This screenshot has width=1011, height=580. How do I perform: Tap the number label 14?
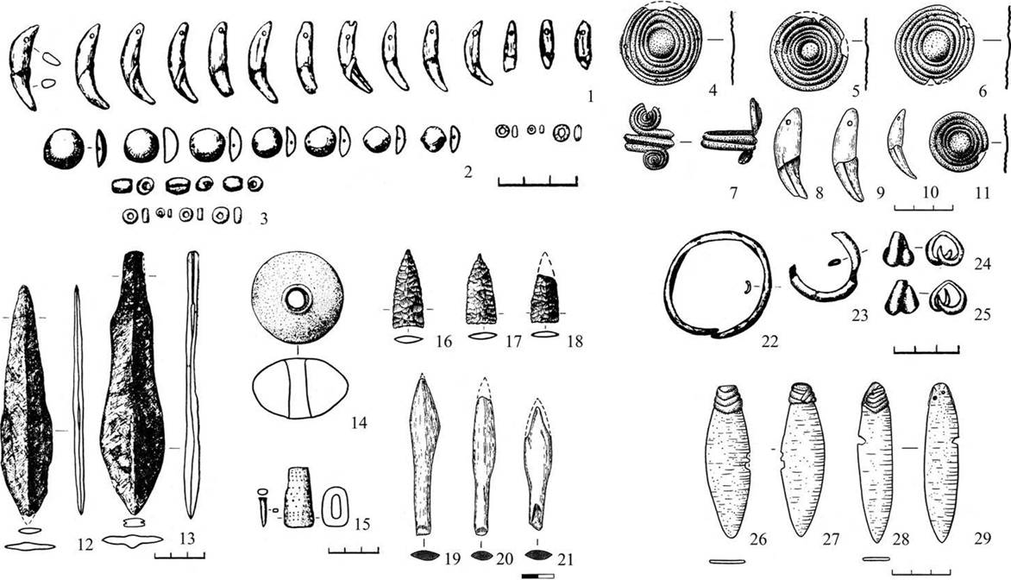pyautogui.click(x=359, y=423)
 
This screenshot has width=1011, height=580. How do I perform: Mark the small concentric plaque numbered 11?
pyautogui.click(x=960, y=140)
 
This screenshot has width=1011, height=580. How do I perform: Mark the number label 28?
pyautogui.click(x=900, y=538)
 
